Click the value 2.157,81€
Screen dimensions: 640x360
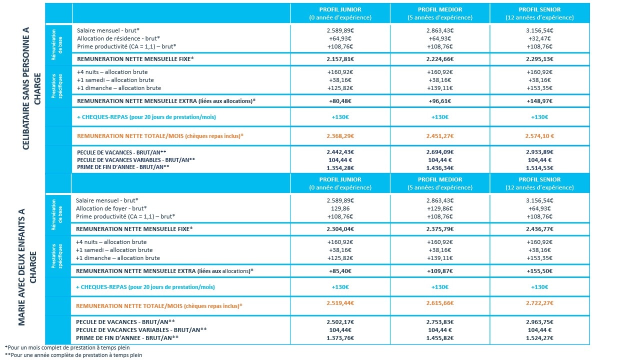tap(340, 59)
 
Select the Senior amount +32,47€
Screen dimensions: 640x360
tap(539, 38)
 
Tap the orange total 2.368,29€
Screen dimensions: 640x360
tap(340, 136)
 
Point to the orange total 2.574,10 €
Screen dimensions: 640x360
tap(539, 136)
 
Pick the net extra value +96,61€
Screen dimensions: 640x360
tap(439, 101)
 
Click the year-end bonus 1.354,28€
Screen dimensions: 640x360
tap(340, 168)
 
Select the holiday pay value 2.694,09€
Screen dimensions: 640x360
tap(439, 152)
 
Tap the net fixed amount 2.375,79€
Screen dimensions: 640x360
tap(439, 229)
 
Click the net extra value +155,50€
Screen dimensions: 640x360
tap(539, 271)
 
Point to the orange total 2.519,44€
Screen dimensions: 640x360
tap(340, 303)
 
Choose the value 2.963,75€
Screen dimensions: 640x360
tap(539, 322)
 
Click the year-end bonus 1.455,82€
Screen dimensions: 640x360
tap(439, 338)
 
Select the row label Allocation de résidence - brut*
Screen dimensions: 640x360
tap(118, 38)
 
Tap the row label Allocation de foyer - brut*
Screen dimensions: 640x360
tap(111, 208)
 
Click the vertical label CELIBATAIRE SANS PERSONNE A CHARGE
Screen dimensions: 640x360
tap(31, 88)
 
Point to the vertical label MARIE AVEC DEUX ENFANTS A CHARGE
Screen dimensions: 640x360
tap(27, 267)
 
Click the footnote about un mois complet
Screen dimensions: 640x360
tap(67, 347)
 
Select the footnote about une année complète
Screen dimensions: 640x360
tap(73, 355)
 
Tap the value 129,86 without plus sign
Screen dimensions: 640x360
tap(340, 208)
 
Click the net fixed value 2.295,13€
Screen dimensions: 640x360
tap(539, 59)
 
